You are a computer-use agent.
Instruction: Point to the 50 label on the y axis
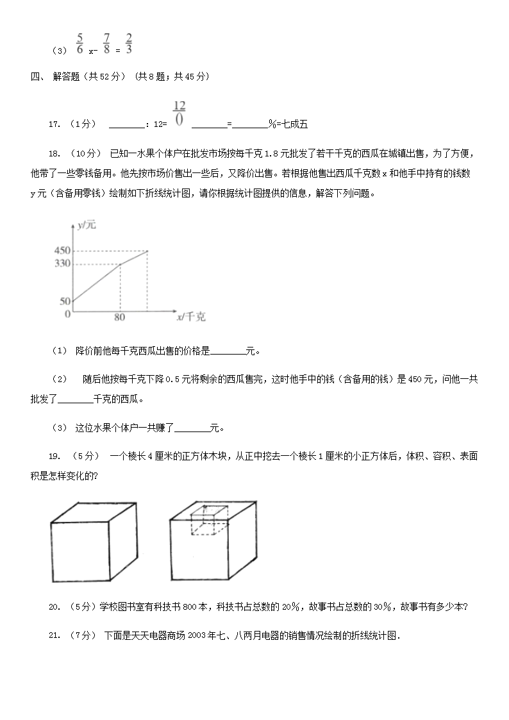[x=65, y=301]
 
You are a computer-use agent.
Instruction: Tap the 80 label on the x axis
[x=119, y=317]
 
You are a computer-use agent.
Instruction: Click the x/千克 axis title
[x=191, y=317]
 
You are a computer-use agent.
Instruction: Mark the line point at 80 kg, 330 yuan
[x=120, y=264]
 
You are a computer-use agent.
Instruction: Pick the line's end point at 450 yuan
[x=148, y=251]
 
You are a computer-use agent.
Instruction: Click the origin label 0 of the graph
[x=67, y=314]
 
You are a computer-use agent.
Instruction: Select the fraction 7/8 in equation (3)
[x=106, y=42]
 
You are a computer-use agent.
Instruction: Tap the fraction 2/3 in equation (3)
[x=129, y=42]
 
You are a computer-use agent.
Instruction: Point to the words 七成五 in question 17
[x=296, y=124]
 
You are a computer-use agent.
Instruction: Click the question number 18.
[x=54, y=153]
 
